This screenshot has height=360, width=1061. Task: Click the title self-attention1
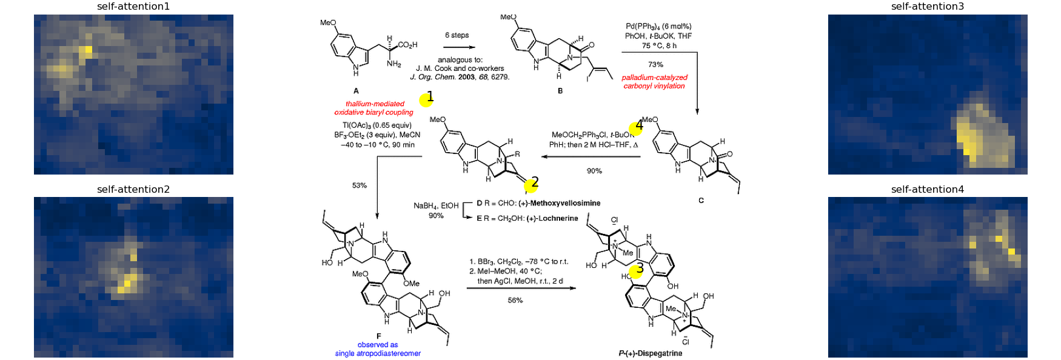tap(133, 7)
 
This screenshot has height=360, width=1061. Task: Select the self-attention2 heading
tap(133, 189)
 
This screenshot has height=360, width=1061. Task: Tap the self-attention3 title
tap(928, 7)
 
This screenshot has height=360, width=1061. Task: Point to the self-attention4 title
tap(928, 189)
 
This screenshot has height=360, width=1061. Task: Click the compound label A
tap(356, 90)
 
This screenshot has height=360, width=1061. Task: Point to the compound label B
tap(560, 91)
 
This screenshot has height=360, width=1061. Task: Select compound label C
tap(701, 200)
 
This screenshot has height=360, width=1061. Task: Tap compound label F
tap(379, 336)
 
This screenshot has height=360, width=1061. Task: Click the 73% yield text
tap(655, 64)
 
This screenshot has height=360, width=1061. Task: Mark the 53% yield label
tap(360, 185)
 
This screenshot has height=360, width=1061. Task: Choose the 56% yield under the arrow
tap(515, 300)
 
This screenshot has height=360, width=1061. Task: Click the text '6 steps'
tap(457, 35)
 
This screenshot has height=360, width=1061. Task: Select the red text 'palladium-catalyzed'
tap(655, 78)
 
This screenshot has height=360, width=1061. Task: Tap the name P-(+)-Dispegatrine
tap(651, 353)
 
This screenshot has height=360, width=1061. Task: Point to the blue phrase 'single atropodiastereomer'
tap(378, 353)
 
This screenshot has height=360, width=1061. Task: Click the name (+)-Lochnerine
tap(552, 218)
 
